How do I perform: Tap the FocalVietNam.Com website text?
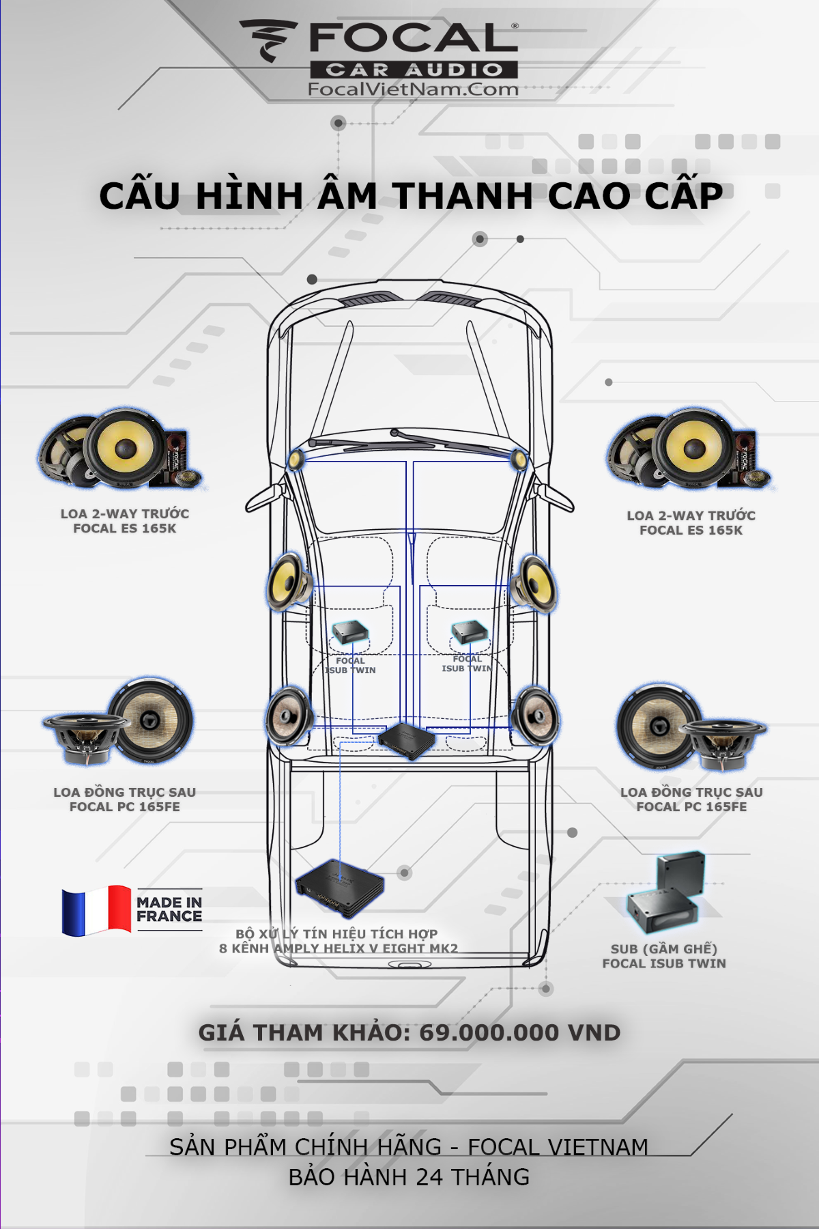413,89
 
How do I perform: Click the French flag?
96,910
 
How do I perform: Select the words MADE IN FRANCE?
169,909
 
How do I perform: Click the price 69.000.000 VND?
519,1032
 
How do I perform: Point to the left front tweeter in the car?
296,460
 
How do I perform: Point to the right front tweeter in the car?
519,460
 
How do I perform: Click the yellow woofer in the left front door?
288,582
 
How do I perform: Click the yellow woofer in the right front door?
533,582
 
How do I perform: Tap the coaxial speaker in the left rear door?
287,716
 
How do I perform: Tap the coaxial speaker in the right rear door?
536,716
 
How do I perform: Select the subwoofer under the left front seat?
349,633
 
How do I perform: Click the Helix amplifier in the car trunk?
340,887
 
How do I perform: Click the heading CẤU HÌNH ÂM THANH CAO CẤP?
410,196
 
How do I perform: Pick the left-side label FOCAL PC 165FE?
125,807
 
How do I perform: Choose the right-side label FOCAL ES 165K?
691,531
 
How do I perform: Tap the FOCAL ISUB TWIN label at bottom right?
664,963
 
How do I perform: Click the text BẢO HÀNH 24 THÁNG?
409,1177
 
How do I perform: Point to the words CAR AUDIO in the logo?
414,70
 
